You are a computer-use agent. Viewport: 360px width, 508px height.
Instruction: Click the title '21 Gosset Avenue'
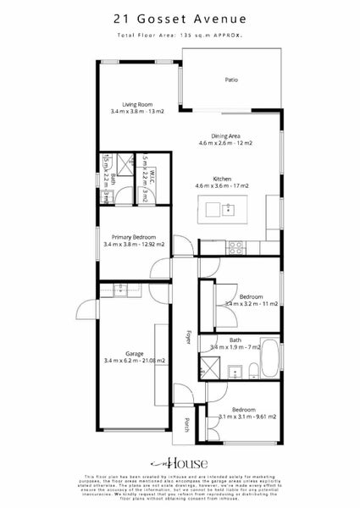pos(179,18)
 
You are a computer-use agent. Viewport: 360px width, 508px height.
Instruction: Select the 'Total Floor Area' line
pos(180,36)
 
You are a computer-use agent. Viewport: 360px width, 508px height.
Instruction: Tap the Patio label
pos(230,80)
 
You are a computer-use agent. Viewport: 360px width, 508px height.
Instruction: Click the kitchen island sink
pos(227,207)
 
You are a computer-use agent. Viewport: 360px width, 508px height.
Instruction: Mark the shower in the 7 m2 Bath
pos(208,367)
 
